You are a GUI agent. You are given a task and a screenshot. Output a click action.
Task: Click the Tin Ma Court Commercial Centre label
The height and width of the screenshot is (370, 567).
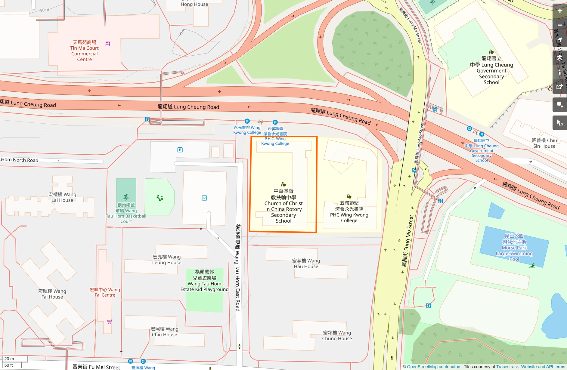[84, 51]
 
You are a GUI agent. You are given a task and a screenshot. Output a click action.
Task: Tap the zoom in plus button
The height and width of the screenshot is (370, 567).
[559, 11]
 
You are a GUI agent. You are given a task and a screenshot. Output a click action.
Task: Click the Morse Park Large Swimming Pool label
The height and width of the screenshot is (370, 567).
[514, 247]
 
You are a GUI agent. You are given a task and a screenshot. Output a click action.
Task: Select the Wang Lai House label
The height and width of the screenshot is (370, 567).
[62, 197]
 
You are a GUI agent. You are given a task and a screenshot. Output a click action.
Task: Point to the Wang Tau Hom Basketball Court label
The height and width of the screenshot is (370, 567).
[126, 213]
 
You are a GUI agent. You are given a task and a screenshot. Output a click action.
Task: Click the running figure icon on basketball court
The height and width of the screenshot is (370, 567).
[126, 197]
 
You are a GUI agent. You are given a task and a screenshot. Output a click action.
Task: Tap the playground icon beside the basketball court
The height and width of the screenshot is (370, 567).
[160, 198]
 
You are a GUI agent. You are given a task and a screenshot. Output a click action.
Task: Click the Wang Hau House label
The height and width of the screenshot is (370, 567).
[306, 264]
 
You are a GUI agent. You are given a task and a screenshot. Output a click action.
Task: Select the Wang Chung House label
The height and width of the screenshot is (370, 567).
[337, 336]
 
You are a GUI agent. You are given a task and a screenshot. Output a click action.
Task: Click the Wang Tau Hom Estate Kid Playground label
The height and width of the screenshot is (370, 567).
[204, 281]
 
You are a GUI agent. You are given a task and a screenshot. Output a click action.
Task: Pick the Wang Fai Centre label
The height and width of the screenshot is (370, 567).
[105, 292]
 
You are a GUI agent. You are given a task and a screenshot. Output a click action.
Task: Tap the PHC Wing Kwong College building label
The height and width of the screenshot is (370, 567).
[349, 212]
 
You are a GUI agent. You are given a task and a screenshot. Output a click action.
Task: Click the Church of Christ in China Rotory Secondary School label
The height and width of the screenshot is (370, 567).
[283, 206]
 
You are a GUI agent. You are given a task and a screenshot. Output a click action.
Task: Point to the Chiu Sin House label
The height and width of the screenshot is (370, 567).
[544, 143]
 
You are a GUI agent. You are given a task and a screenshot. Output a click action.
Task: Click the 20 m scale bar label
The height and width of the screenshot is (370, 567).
[9, 359]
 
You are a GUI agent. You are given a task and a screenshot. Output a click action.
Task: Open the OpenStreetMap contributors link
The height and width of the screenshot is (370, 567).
[434, 367]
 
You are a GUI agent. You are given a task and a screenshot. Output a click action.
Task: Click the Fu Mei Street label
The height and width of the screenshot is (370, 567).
[96, 367]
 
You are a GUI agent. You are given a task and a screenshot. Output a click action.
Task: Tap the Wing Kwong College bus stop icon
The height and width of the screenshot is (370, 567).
[247, 121]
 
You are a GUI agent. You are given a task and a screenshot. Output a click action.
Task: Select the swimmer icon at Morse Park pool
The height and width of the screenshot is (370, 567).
[532, 266]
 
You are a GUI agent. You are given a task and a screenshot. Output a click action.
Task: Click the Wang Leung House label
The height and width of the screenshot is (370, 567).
[166, 260]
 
